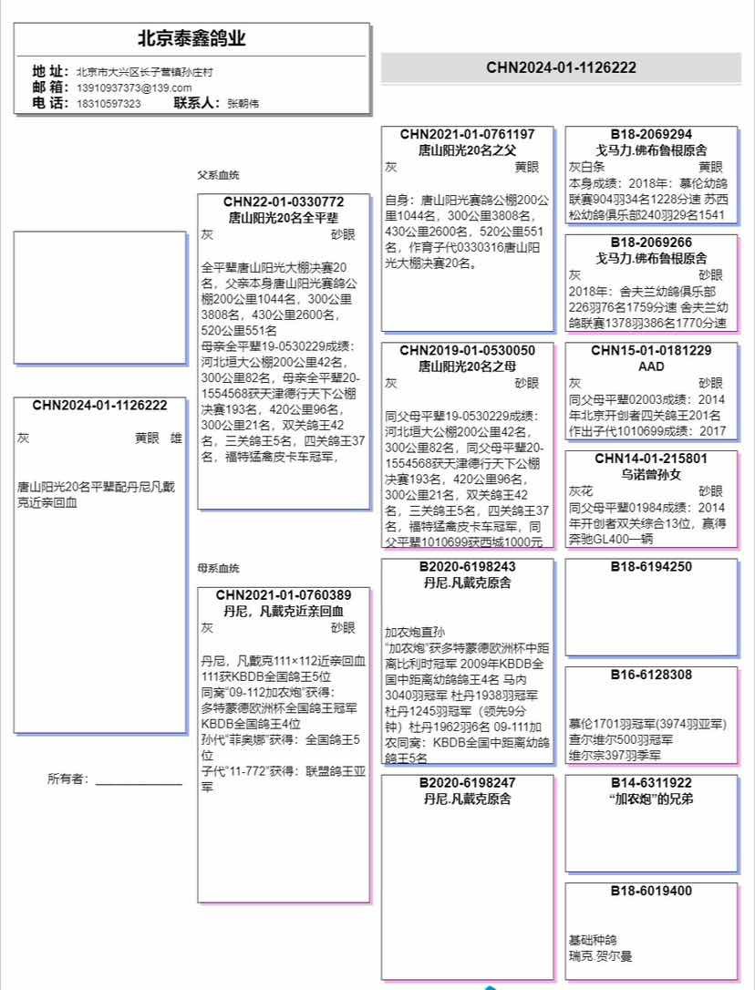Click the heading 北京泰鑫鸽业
(x=191, y=39)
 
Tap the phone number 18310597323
(x=109, y=104)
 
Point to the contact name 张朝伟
(x=243, y=104)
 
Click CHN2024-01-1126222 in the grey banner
(x=561, y=67)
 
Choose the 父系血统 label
(x=219, y=175)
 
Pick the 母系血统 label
(x=219, y=568)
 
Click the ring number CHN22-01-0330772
(x=284, y=201)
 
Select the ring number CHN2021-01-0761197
(x=467, y=134)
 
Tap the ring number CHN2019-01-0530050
(x=467, y=350)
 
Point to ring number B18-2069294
(x=651, y=134)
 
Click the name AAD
(x=651, y=366)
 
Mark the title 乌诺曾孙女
(x=651, y=475)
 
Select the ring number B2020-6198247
(x=467, y=783)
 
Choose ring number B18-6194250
(x=651, y=567)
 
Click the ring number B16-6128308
(x=651, y=675)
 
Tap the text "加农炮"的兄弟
(x=651, y=799)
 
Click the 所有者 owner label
(x=68, y=779)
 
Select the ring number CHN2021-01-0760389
(x=284, y=595)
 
